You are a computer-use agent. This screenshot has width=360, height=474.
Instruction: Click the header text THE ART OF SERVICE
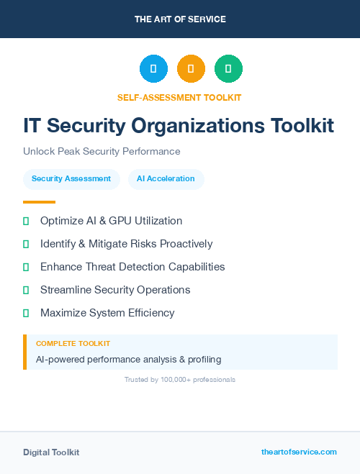(180, 19)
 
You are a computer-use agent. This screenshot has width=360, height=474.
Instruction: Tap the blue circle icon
(153, 69)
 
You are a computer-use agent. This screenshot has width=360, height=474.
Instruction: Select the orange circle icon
(191, 69)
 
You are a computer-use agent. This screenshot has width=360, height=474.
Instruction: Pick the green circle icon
(228, 69)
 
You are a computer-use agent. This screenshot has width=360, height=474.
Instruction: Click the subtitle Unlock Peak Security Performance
(102, 151)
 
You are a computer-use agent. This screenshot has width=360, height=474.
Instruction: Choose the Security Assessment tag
(71, 178)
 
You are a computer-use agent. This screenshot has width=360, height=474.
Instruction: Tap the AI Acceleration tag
(166, 178)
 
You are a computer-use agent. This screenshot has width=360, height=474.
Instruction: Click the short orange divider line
(39, 202)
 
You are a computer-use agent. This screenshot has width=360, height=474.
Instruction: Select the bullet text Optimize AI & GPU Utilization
(111, 221)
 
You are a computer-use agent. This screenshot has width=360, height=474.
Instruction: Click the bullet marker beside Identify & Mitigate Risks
(26, 244)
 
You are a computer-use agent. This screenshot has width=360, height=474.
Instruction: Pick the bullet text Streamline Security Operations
(115, 290)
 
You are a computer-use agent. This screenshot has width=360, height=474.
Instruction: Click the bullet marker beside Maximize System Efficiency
(26, 313)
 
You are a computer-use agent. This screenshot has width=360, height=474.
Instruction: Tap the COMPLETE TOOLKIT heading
(73, 344)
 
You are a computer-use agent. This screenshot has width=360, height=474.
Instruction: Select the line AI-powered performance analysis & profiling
(128, 359)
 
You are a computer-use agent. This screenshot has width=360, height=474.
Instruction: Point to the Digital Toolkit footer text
(51, 452)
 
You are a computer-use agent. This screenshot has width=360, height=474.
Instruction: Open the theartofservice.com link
(299, 452)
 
